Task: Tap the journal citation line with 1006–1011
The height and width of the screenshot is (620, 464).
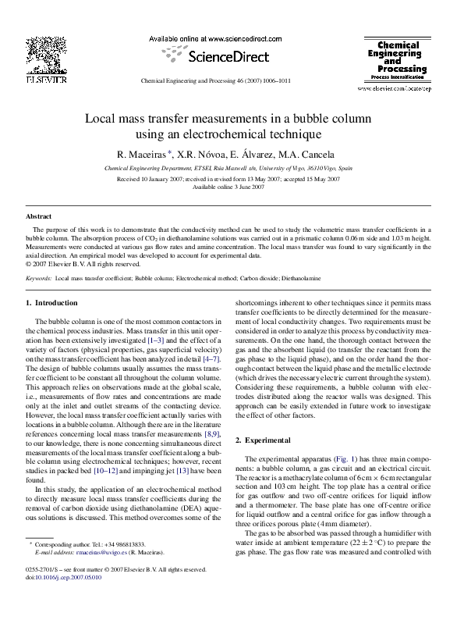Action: point(214,80)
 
